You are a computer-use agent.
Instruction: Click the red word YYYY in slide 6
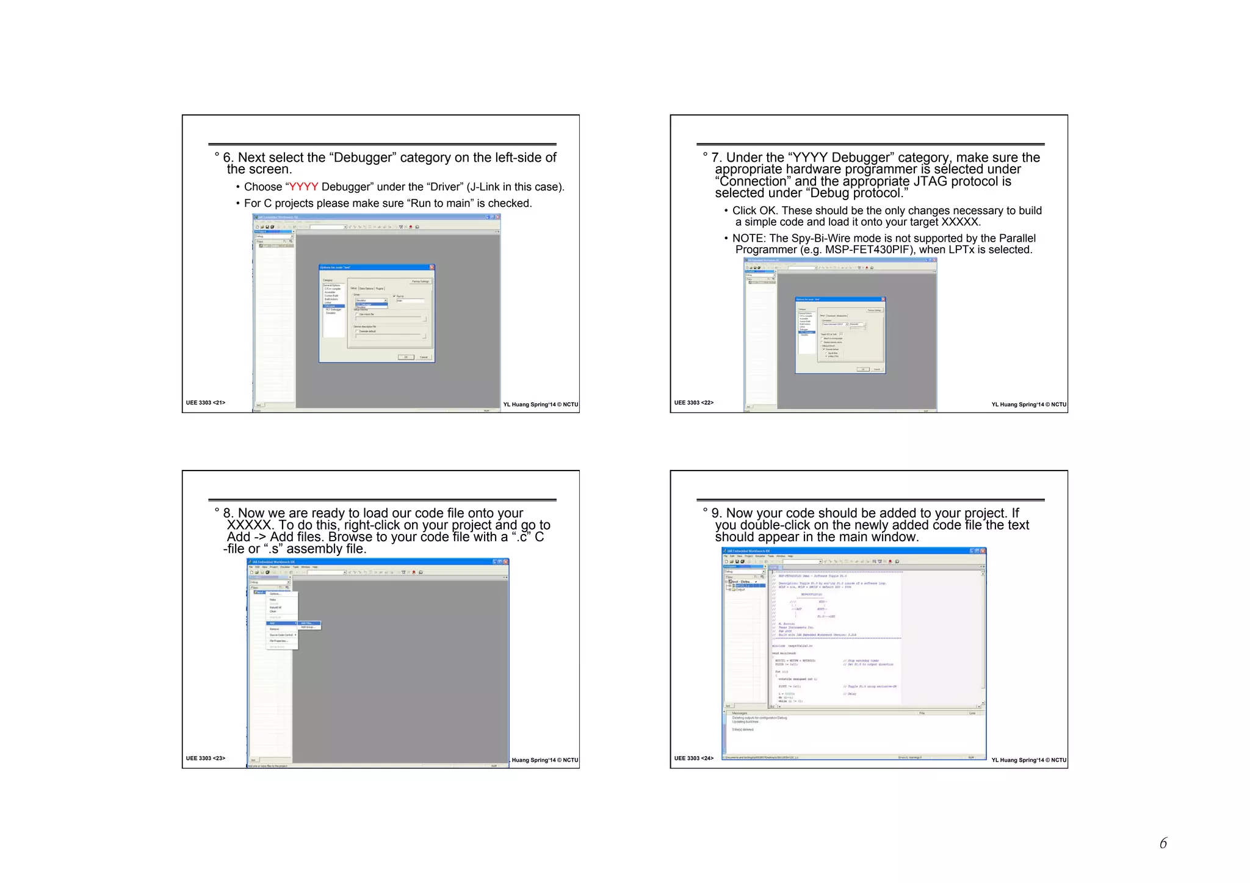[303, 187]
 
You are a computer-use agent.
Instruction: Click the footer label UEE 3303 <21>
[206, 403]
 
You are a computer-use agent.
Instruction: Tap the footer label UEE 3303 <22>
[694, 403]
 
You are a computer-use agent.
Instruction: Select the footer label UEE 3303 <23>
[206, 759]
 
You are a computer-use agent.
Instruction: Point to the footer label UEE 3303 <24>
[694, 759]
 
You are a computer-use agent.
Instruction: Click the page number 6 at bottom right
[1163, 843]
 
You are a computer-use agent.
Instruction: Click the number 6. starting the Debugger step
[228, 157]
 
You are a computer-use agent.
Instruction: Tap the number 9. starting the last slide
[717, 513]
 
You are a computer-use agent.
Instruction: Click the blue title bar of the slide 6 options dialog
[377, 267]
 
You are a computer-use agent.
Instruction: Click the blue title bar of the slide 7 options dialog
[840, 299]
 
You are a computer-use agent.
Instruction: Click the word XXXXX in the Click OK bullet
[960, 222]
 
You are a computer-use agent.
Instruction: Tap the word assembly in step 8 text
[314, 549]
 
